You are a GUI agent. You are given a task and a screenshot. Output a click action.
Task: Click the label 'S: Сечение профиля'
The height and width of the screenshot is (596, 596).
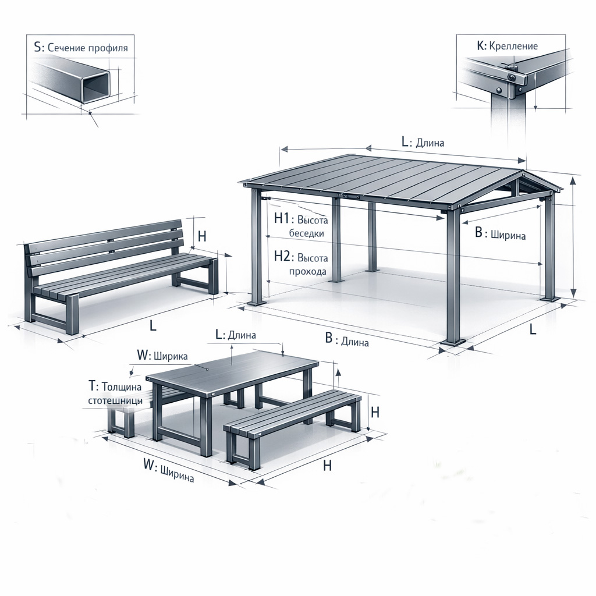[x=80, y=48]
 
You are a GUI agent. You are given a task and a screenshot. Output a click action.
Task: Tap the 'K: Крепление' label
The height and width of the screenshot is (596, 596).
[x=507, y=46]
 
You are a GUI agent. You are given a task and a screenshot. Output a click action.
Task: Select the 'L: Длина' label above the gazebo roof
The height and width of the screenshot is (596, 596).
[x=423, y=142]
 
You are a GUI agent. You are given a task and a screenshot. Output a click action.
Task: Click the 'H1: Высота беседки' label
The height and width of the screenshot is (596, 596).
[x=301, y=226]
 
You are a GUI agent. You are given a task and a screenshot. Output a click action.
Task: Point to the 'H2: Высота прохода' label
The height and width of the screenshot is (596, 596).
[x=301, y=264]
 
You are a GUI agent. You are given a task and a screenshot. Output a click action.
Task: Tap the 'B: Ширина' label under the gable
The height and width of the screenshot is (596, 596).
[x=500, y=234]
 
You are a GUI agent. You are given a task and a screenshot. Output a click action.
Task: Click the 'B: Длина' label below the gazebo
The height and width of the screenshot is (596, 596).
[x=347, y=340]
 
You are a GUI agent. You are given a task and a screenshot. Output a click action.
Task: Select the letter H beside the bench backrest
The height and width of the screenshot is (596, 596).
[x=202, y=236]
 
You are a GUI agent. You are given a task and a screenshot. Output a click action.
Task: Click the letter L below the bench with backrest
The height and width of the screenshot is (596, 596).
[x=153, y=325]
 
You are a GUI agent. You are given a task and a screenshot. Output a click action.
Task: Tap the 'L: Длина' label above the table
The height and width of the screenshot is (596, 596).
[x=236, y=335]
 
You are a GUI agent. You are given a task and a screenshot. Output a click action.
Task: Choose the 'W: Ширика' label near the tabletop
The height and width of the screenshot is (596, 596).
[x=162, y=356]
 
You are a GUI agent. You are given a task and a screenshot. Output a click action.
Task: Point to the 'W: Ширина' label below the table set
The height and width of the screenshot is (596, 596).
[x=169, y=470]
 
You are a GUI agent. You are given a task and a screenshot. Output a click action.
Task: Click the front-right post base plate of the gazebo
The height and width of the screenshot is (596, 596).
[x=453, y=342]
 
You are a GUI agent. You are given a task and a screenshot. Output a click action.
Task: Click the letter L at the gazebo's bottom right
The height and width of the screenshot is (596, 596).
[x=533, y=329]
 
